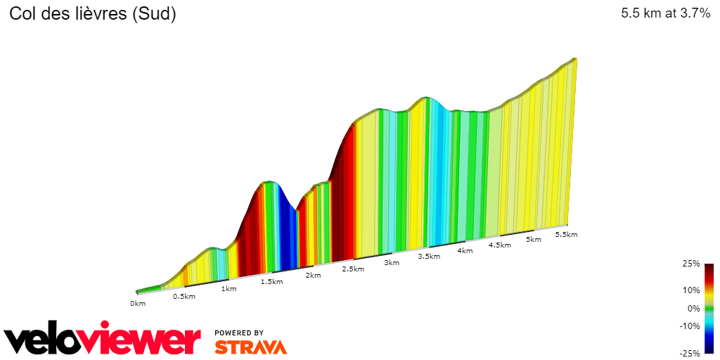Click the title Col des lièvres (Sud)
(92, 14)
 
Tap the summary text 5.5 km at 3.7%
(665, 13)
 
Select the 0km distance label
(138, 303)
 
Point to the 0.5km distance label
(184, 296)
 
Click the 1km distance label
(229, 288)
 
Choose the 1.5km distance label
(272, 281)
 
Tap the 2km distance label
(313, 275)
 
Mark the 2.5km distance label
(353, 269)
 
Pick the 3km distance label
(392, 263)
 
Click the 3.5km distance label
(429, 257)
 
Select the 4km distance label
(465, 250)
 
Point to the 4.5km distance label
(499, 245)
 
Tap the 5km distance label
(534, 239)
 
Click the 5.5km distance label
(566, 234)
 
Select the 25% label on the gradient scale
(691, 264)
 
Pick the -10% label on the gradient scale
(690, 326)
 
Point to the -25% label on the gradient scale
(690, 354)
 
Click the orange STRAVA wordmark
(250, 347)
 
